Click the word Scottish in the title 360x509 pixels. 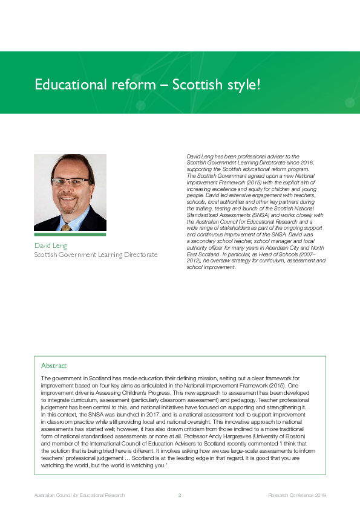click(x=196, y=84)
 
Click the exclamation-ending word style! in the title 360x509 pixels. click(x=241, y=85)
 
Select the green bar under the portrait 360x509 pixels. click(x=70, y=234)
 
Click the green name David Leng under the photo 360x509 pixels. click(x=50, y=245)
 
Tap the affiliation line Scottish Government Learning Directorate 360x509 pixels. click(x=96, y=255)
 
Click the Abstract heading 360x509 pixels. click(x=54, y=366)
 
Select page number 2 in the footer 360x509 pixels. click(x=180, y=496)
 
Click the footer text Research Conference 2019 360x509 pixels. click(x=297, y=496)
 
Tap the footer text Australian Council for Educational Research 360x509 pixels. click(x=79, y=496)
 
